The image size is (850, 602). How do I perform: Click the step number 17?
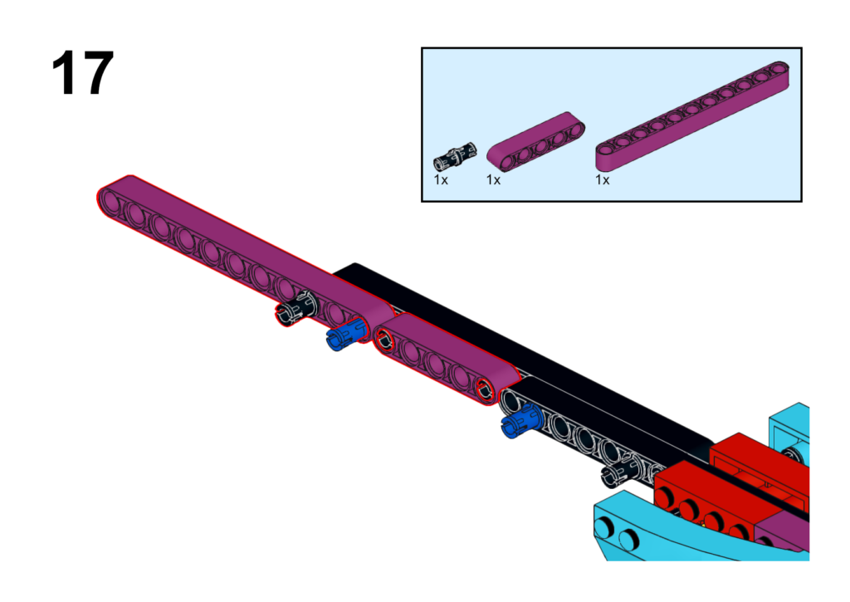82,73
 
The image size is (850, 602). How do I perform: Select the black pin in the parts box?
455,156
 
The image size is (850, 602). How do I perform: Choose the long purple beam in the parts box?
692,115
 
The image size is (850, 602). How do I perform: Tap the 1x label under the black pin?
441,180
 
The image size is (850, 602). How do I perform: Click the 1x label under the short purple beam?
493,180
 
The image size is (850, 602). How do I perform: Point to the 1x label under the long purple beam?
603,180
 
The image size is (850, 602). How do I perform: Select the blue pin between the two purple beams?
347,335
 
